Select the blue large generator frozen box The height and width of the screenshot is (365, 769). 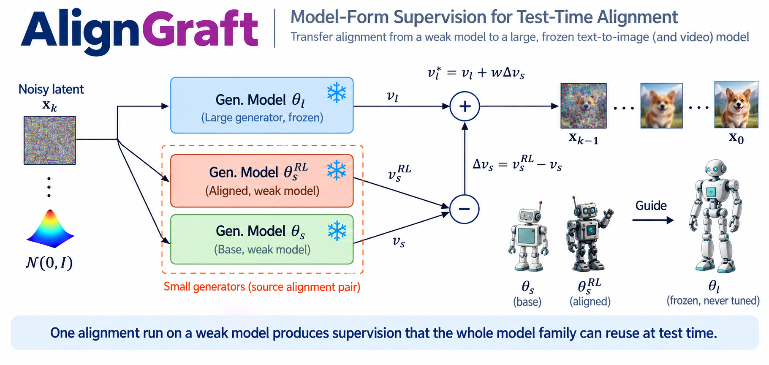pyautogui.click(x=262, y=105)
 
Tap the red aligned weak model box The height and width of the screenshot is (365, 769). pyautogui.click(x=262, y=181)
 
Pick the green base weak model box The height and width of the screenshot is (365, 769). pyautogui.click(x=262, y=240)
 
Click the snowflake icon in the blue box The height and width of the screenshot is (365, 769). pyautogui.click(x=337, y=93)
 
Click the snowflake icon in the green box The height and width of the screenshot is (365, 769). pyautogui.click(x=337, y=231)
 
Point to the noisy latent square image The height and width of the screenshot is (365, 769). pyautogui.click(x=49, y=140)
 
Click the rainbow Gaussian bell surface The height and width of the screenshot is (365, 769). pyautogui.click(x=50, y=229)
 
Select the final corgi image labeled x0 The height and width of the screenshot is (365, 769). pyautogui.click(x=736, y=104)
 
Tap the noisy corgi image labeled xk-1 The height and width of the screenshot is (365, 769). pyautogui.click(x=583, y=106)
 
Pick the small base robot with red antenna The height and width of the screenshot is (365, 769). pyautogui.click(x=528, y=237)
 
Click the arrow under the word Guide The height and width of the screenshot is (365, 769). pyautogui.click(x=653, y=220)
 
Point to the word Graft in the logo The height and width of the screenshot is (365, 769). pyautogui.click(x=200, y=29)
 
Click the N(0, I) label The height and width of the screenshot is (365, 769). pyautogui.click(x=49, y=263)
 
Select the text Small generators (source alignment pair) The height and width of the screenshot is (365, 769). pyautogui.click(x=262, y=287)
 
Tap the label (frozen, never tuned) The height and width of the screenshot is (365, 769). pyautogui.click(x=713, y=300)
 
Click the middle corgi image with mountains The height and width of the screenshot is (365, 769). pyautogui.click(x=661, y=106)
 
